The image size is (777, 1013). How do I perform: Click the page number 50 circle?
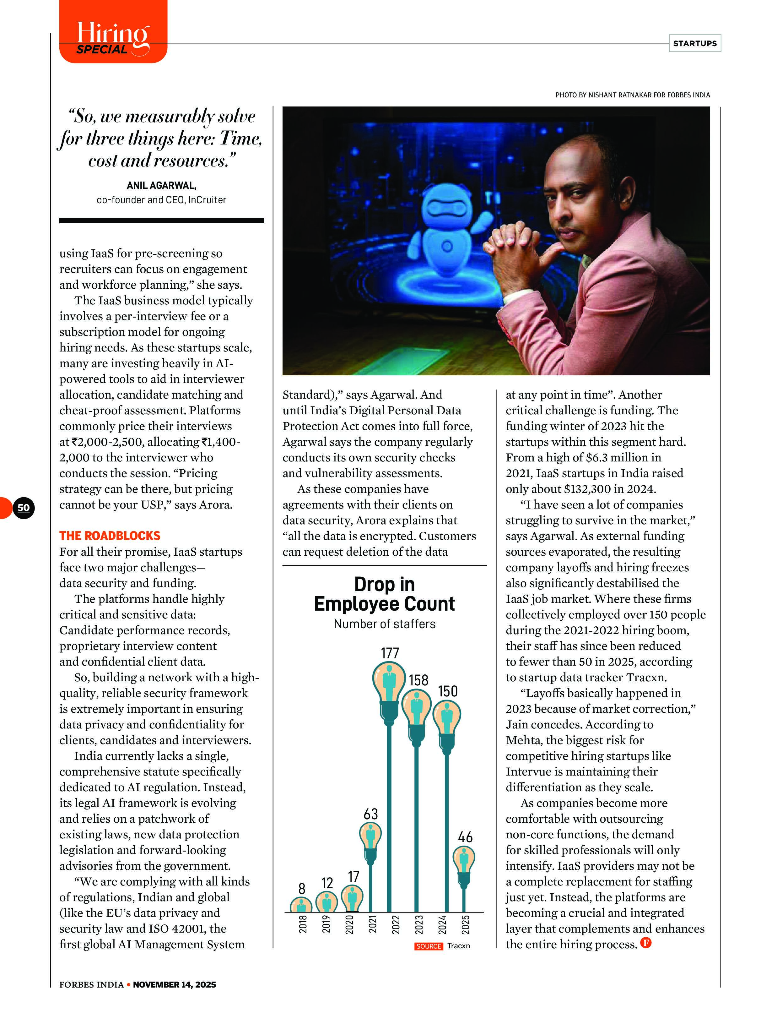(x=24, y=508)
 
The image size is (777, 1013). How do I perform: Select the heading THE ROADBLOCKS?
(x=110, y=536)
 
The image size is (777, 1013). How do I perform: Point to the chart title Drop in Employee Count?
(x=384, y=594)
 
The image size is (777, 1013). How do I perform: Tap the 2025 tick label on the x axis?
(x=465, y=924)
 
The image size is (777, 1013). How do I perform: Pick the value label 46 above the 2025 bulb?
(x=465, y=837)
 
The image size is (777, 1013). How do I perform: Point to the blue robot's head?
(x=447, y=206)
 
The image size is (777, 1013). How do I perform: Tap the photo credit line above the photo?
(x=632, y=95)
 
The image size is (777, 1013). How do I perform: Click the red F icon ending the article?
(x=646, y=943)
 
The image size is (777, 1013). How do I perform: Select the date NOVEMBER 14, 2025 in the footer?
(x=174, y=985)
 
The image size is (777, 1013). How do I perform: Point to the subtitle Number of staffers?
(x=384, y=624)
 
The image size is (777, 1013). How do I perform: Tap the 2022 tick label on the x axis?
(x=396, y=924)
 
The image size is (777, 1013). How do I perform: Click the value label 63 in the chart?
(x=370, y=814)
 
